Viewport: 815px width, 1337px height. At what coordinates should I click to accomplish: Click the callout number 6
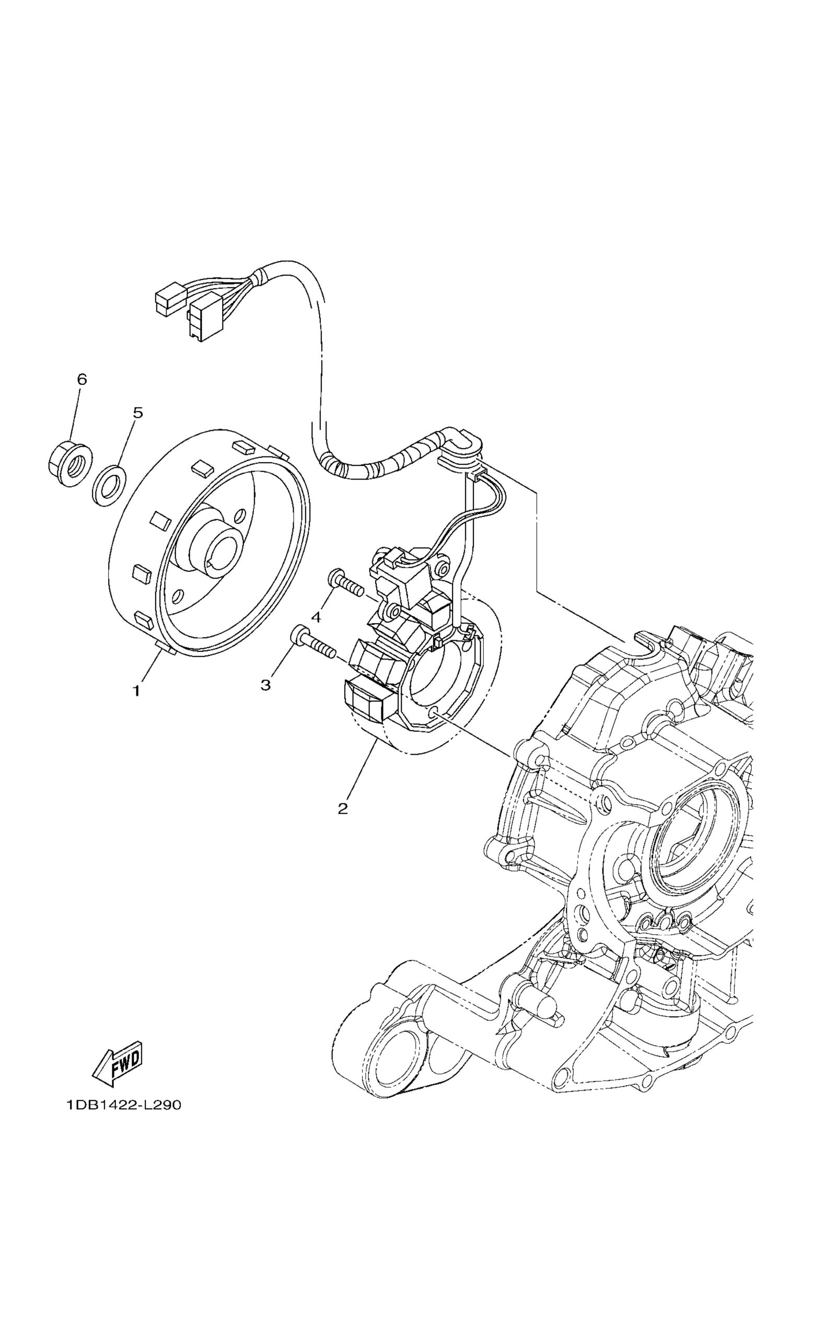81,379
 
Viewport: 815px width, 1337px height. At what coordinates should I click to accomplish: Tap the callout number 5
138,413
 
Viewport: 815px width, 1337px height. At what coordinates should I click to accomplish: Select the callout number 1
137,691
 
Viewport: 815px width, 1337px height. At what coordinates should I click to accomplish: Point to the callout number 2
342,808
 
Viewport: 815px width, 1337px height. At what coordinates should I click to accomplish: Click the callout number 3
265,685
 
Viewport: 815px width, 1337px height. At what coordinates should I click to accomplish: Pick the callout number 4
316,617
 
